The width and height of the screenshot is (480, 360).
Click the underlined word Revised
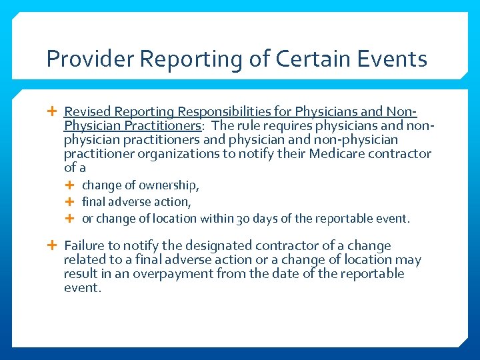87,111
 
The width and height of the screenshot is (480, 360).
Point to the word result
80,274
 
